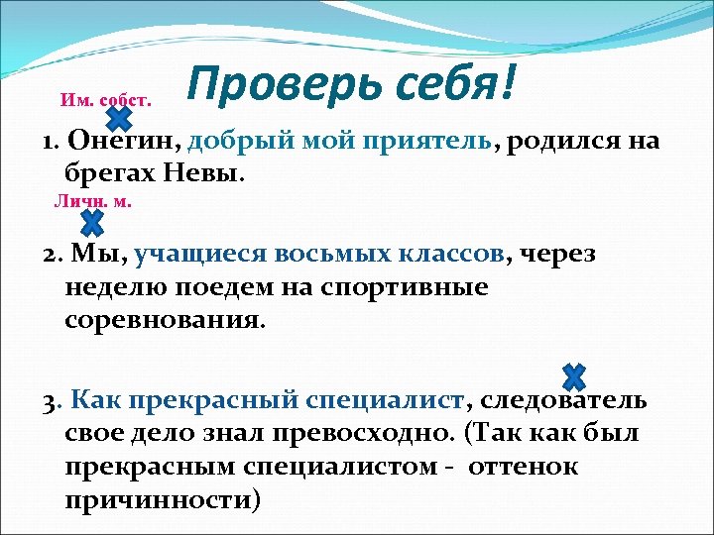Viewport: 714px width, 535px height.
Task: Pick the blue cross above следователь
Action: pos(573,376)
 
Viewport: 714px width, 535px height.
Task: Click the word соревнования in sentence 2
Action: pos(165,321)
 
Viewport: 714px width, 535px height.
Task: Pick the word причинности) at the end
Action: pos(163,500)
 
